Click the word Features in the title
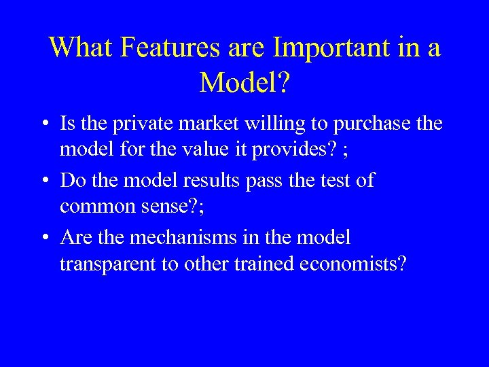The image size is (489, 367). coord(160,48)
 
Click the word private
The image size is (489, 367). coord(128,124)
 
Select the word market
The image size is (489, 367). coord(191,124)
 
